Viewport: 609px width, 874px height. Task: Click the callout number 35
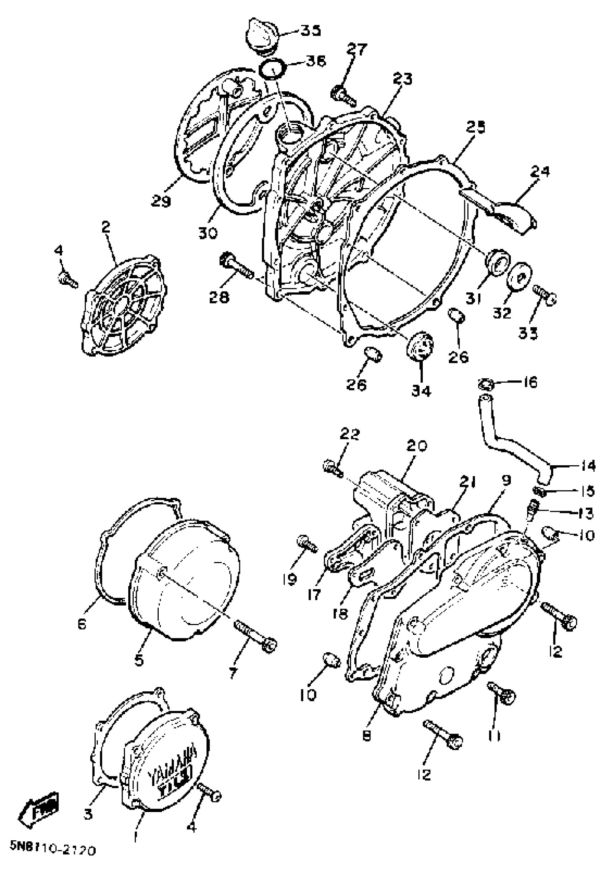point(310,30)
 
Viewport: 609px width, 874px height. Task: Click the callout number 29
point(160,201)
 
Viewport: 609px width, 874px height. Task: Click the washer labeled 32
point(519,276)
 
